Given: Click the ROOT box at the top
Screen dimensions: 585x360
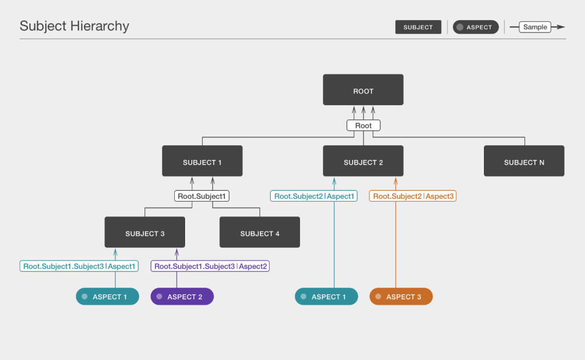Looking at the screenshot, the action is point(363,90).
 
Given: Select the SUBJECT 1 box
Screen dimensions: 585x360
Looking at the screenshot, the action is point(202,161).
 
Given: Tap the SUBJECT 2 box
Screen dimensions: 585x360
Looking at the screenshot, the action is point(363,161).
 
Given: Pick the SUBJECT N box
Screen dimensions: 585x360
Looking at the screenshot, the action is point(524,161).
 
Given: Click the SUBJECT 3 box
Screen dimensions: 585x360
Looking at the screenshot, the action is point(145,232).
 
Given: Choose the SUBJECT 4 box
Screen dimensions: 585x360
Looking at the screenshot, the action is point(260,232).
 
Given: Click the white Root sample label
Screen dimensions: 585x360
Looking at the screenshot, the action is point(363,125).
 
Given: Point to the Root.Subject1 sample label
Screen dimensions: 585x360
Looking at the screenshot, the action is point(202,196).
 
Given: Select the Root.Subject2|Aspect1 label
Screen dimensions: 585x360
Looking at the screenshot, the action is point(314,196).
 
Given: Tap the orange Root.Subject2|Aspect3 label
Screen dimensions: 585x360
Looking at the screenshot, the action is point(412,196).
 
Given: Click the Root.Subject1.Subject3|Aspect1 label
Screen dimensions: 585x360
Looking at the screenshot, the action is point(79,266).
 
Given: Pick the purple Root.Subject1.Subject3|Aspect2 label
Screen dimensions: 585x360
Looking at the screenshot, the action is point(210,266).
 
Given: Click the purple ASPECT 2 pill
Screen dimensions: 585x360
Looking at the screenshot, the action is point(182,297).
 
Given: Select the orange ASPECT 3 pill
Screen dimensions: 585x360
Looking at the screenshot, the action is point(401,297).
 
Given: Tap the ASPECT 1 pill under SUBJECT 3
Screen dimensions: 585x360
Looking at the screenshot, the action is point(107,297).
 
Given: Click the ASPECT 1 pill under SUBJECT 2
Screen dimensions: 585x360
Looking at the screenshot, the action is point(326,297).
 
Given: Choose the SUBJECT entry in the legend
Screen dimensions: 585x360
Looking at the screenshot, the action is point(418,27).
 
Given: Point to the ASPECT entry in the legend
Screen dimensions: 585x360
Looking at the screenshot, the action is point(476,27).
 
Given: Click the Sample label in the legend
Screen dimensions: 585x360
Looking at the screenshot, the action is point(535,27).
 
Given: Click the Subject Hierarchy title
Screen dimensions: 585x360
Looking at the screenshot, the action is point(74,26).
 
